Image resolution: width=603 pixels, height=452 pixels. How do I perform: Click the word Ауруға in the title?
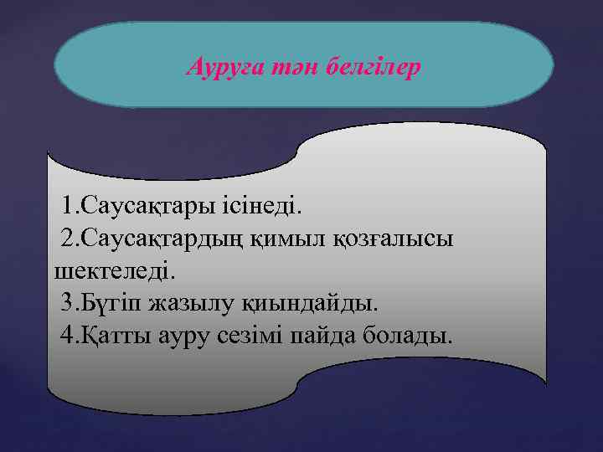tap(220, 66)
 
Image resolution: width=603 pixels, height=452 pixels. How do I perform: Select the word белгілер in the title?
tap(371, 66)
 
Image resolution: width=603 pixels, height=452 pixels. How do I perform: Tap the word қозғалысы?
tap(395, 238)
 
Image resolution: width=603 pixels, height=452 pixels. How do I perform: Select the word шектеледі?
tap(115, 270)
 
